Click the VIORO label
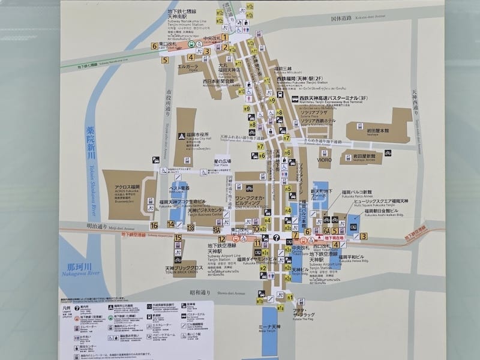click(325, 161)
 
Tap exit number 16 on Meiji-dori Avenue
click(154, 226)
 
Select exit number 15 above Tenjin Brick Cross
click(178, 238)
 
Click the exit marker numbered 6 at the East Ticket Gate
click(155, 46)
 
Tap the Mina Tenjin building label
click(271, 328)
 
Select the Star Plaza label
click(223, 162)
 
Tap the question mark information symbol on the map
click(275, 238)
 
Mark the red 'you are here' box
click(335, 238)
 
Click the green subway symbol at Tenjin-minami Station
click(191, 44)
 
